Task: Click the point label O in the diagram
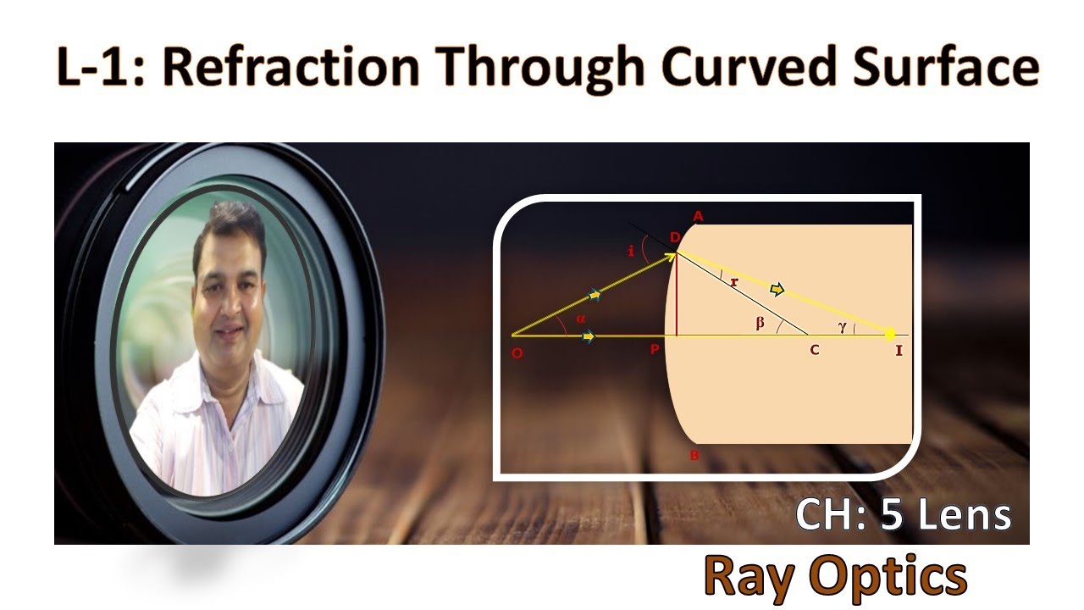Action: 517,353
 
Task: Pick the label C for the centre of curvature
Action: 814,350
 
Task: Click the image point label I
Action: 899,350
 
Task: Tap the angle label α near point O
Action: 580,319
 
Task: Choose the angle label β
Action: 760,322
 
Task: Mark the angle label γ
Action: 843,327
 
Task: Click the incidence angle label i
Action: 631,250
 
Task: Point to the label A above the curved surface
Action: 698,216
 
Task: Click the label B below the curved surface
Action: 694,456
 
